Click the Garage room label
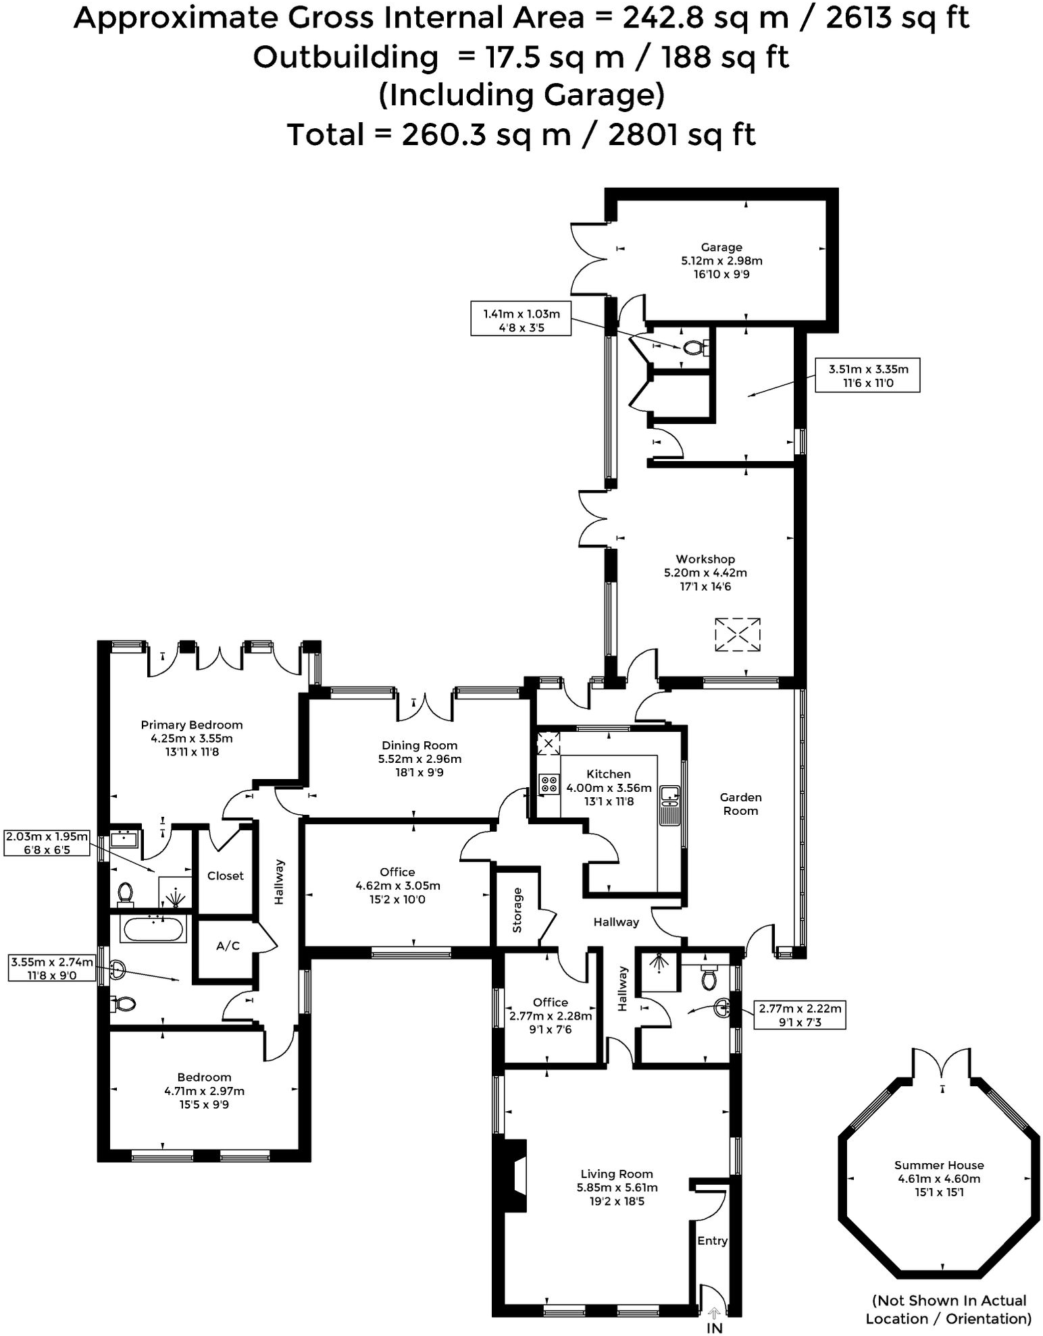coord(721,247)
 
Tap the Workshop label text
coord(705,559)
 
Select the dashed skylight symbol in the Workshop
coord(737,635)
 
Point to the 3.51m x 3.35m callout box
coord(867,375)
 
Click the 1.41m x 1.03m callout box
coord(521,320)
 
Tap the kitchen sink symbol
coord(669,797)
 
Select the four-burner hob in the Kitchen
coord(549,784)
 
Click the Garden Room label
coord(740,804)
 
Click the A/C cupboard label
coord(228,946)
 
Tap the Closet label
coord(225,876)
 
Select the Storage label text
coord(517,911)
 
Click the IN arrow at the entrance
coord(714,1314)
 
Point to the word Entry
coord(712,1241)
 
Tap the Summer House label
coord(938,1165)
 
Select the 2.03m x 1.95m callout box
coord(47,843)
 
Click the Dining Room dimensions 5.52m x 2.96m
coord(419,759)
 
